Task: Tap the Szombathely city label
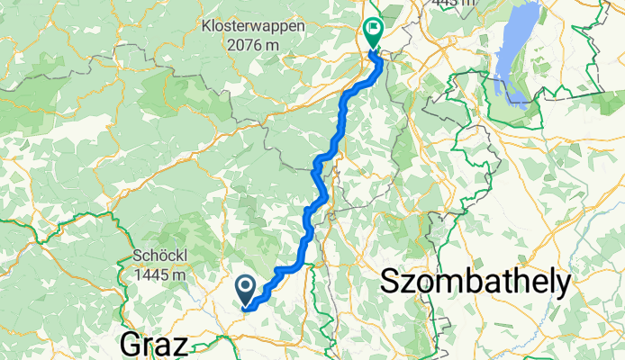(476, 283)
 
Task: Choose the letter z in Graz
(181, 345)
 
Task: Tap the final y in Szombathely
(563, 285)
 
